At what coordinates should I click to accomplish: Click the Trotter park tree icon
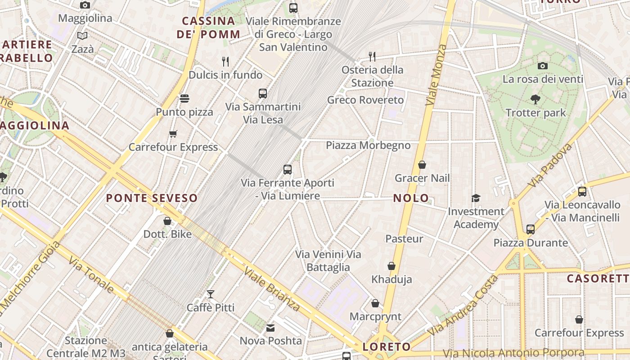535,99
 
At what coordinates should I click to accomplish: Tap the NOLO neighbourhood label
411,198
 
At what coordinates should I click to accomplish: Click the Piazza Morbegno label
368,145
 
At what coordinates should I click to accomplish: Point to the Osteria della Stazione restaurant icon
372,56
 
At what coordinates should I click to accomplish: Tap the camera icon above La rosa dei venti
543,66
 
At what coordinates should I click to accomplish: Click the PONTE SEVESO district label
152,198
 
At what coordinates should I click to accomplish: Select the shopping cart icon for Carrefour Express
173,134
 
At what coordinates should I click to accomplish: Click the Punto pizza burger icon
184,98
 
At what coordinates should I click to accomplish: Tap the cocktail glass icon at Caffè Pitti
210,294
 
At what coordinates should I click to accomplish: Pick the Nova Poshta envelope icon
270,328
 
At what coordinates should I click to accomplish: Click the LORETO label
387,346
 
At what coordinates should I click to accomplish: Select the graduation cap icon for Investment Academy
476,198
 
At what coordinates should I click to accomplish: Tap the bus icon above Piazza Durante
531,229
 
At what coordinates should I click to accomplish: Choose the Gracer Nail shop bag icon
422,165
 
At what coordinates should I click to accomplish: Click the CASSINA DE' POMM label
208,27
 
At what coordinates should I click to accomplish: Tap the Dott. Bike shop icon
167,221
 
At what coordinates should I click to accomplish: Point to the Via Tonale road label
91,274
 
